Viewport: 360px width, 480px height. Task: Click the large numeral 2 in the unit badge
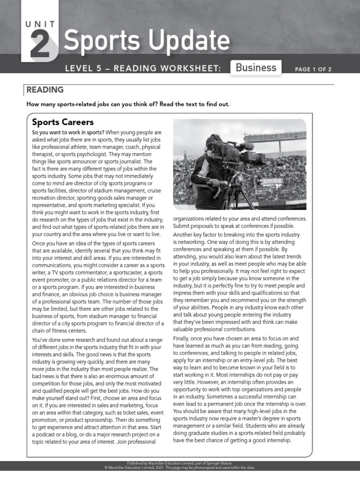tap(41, 45)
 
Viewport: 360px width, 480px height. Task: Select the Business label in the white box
tap(256, 67)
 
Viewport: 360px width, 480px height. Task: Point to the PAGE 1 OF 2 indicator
tap(313, 69)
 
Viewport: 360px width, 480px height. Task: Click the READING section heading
tap(45, 90)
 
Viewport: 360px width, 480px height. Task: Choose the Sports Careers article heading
tap(63, 122)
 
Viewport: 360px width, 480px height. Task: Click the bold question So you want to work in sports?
tap(68, 133)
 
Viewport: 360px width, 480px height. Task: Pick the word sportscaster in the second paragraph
tap(123, 272)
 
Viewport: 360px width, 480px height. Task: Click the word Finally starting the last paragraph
tap(183, 338)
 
